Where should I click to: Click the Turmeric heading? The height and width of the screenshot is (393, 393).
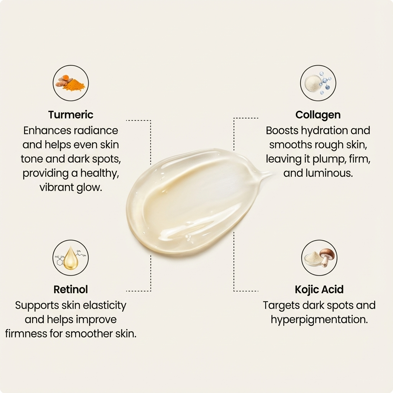[x=71, y=115]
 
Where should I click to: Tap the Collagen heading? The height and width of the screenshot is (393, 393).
[x=318, y=115]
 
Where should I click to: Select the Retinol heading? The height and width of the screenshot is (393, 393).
[x=71, y=289]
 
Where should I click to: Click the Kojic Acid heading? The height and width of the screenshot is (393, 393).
[x=319, y=289]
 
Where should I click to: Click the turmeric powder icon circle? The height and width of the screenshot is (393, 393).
[x=71, y=83]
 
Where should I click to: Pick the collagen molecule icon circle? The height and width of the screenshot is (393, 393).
[x=318, y=83]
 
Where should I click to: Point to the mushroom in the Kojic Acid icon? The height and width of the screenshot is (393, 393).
[x=326, y=256]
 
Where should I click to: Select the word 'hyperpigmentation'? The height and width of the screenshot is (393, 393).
[x=319, y=320]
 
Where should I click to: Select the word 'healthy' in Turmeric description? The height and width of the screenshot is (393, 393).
[x=101, y=173]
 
